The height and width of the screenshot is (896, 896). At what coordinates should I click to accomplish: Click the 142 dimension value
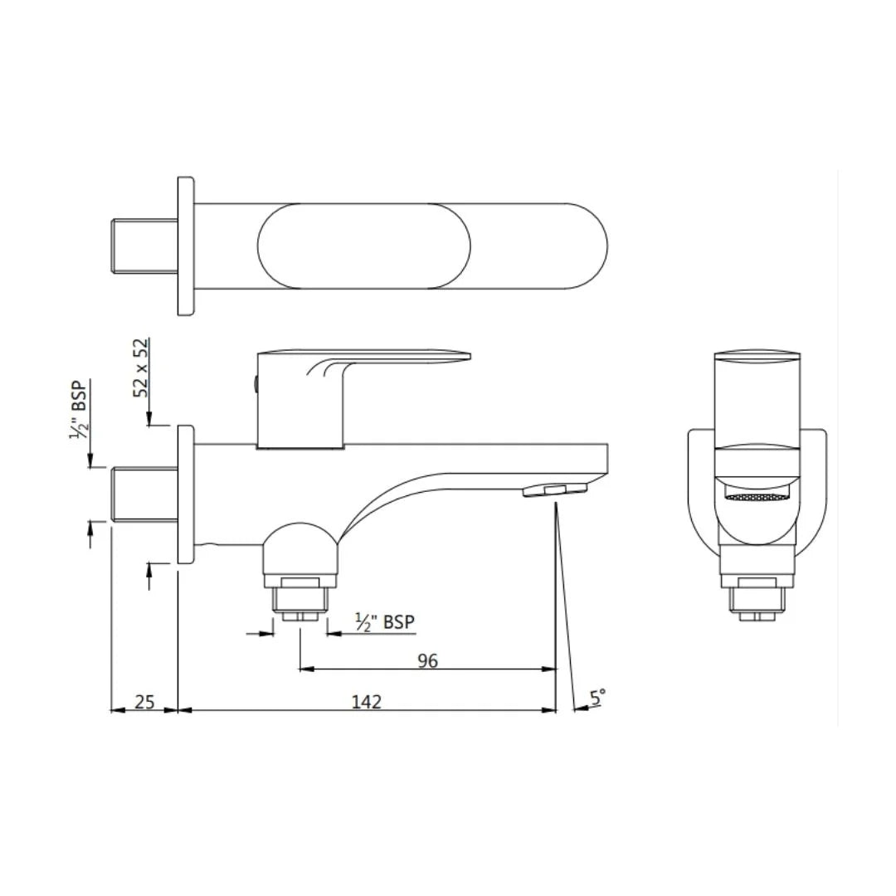[366, 702]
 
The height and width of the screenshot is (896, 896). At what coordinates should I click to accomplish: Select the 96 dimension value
[427, 660]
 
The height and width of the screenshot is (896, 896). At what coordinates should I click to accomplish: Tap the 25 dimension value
[144, 702]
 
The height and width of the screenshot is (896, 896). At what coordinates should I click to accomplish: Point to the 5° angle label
[597, 697]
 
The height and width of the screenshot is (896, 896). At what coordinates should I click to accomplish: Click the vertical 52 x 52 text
[142, 367]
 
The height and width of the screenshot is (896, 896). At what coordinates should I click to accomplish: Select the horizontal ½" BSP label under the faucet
[384, 622]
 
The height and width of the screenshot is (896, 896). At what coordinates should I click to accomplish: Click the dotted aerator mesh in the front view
[757, 498]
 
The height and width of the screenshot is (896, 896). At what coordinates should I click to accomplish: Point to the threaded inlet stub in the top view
[144, 246]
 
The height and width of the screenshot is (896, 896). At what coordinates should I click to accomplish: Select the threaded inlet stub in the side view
[144, 495]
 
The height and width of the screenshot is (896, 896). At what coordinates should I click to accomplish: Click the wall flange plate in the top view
[186, 246]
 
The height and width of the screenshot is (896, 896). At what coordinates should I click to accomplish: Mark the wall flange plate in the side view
[186, 495]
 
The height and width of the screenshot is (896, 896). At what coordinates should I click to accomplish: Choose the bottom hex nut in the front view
[757, 600]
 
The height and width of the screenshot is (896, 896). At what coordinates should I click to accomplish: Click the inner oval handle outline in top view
[364, 246]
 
